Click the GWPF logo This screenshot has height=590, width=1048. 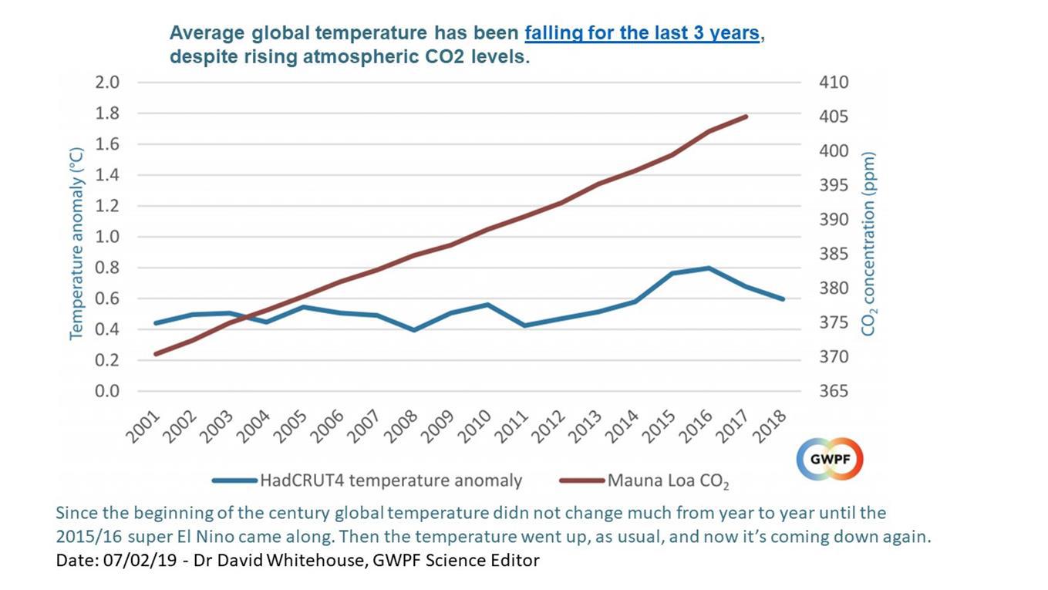point(829,460)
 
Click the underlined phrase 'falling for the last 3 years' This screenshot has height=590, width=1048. point(642,34)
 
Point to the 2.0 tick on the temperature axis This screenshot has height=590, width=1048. point(106,83)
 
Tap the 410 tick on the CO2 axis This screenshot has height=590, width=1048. point(833,83)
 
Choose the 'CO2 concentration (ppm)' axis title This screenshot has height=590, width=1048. point(869,243)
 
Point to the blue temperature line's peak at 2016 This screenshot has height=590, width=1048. point(709,268)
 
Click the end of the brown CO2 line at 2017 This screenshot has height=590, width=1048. point(746,116)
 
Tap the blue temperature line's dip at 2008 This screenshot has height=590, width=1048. point(414,329)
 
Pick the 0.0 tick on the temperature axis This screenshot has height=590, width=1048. point(106,391)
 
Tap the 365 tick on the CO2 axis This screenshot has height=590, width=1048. point(833,391)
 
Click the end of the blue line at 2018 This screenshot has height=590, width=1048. point(783,298)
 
